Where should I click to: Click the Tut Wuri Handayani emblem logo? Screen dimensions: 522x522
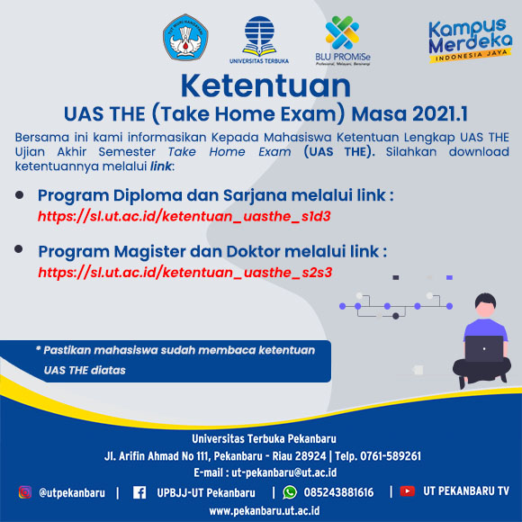[185, 37]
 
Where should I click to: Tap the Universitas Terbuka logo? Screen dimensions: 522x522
[259, 40]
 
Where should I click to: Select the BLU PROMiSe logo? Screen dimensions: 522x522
[343, 40]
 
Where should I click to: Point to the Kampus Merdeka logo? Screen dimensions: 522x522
[470, 40]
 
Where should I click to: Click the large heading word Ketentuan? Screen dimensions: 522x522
[265, 85]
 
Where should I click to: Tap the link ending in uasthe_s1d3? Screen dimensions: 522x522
[184, 217]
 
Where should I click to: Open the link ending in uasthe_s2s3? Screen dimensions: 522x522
[185, 273]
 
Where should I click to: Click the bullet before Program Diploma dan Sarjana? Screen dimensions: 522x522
[19, 195]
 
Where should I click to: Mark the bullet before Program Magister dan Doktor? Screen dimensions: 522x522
[19, 249]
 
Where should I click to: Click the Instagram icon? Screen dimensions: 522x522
[25, 492]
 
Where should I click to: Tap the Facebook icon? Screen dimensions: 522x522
[139, 492]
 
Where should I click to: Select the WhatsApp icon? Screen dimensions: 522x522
[290, 492]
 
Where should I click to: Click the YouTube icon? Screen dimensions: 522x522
[407, 491]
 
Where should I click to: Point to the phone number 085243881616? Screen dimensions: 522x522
[338, 492]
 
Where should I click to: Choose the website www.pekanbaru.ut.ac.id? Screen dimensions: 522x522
[265, 510]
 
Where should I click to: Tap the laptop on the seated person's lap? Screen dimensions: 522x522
[484, 348]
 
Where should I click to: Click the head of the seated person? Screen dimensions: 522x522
[485, 305]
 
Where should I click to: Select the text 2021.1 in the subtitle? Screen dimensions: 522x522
[440, 114]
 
